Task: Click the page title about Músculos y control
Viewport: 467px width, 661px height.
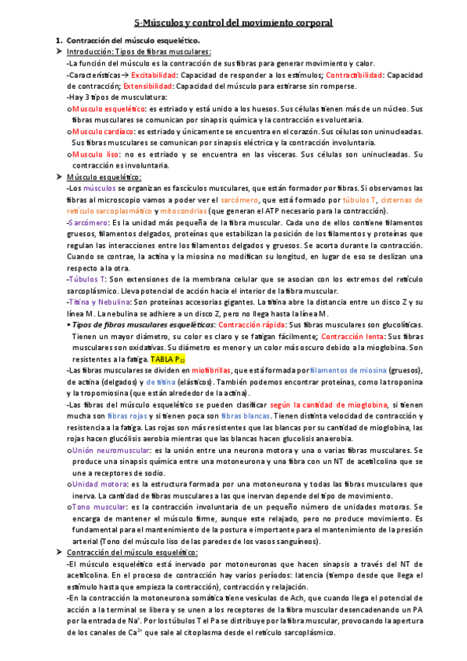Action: (x=232, y=23)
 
